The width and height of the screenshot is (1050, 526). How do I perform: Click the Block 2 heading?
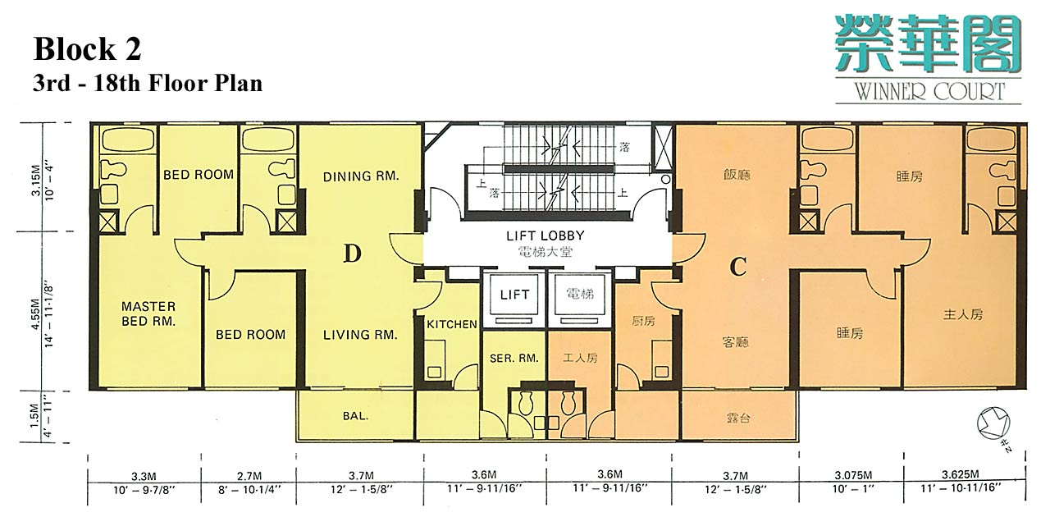[x=87, y=49]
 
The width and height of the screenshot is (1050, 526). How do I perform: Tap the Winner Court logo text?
[x=930, y=91]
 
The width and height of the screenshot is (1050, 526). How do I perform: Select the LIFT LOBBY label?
[x=546, y=236]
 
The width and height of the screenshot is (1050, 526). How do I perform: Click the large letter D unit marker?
[x=353, y=254]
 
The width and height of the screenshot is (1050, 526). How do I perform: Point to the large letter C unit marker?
[x=737, y=267]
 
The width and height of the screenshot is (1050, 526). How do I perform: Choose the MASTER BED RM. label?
[x=148, y=313]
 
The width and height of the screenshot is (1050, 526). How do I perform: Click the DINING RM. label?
[x=361, y=176]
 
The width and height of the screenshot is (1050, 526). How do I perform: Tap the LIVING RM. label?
[x=360, y=335]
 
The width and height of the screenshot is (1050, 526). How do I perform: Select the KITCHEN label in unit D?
[x=452, y=324]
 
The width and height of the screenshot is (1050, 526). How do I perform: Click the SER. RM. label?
[x=514, y=359]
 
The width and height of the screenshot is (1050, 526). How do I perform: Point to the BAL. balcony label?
[x=355, y=416]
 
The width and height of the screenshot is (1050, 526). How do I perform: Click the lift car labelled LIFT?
[x=514, y=295]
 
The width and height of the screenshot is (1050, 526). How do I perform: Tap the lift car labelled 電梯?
[x=580, y=295]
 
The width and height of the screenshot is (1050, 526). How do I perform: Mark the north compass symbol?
[x=993, y=424]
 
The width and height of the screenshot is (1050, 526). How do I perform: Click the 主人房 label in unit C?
[x=963, y=314]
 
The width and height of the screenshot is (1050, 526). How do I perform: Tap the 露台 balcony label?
[x=738, y=418]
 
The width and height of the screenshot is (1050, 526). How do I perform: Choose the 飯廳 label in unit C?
[x=737, y=175]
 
